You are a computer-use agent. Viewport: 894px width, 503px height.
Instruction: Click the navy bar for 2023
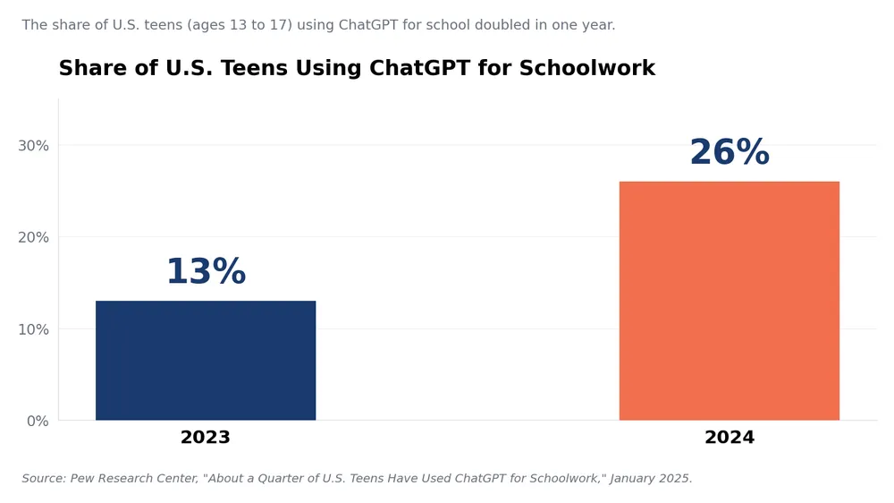[206, 361]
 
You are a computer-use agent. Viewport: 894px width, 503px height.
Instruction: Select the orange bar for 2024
[730, 301]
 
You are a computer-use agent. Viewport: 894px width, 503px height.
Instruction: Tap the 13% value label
[206, 271]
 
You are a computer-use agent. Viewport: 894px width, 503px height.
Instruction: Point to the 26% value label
[730, 152]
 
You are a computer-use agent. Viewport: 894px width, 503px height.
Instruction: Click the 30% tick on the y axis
[34, 146]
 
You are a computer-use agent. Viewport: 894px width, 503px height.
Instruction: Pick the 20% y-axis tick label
[34, 237]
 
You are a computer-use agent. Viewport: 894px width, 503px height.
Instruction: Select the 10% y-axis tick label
[34, 329]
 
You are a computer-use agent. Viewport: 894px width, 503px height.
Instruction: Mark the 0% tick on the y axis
[38, 422]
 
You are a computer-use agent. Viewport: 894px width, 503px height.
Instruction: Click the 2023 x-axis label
[206, 438]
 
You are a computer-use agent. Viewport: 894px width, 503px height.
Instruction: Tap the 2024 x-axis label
[730, 438]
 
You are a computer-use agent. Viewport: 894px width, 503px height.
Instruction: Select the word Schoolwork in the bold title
[587, 68]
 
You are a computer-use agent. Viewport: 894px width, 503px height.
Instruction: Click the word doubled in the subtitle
[502, 25]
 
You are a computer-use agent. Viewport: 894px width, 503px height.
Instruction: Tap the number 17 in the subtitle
[277, 25]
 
